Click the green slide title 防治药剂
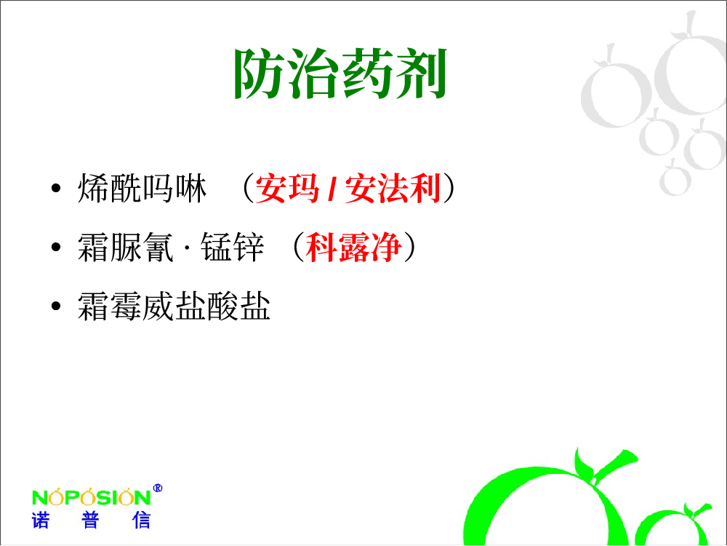(340, 74)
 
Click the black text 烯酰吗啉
(142, 189)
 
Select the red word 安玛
(287, 189)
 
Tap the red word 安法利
(393, 189)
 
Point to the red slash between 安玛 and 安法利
(332, 189)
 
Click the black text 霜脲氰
(125, 248)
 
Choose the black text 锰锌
(233, 248)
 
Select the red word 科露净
(353, 248)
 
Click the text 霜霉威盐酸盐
(174, 306)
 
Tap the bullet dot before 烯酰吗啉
(56, 189)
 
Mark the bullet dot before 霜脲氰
(56, 248)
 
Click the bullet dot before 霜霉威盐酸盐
(56, 306)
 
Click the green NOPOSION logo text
(92, 497)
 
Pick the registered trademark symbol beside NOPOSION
(158, 488)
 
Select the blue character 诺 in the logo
(40, 521)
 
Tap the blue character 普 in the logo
(90, 521)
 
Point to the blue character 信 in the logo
(141, 521)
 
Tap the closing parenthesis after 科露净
(409, 248)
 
